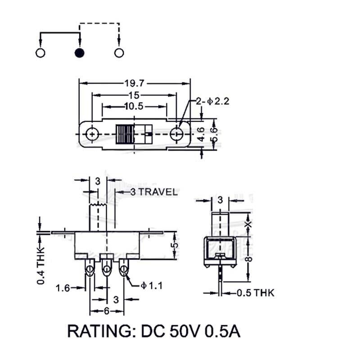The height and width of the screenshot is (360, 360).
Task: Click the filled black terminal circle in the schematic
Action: [x=79, y=53]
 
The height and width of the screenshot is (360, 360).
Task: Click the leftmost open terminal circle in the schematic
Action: [x=40, y=53]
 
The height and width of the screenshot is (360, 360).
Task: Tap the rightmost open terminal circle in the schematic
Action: [x=119, y=53]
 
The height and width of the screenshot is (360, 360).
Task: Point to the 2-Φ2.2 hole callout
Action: [x=212, y=101]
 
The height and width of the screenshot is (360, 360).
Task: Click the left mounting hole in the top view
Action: [x=92, y=134]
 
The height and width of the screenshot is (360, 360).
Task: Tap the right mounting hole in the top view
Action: [x=177, y=134]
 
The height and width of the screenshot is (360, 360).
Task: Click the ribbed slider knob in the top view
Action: [x=125, y=134]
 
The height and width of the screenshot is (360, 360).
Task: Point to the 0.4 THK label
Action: [x=41, y=265]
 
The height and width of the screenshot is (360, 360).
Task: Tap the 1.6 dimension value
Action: [x=63, y=288]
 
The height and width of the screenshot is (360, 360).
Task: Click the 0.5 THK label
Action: [x=255, y=293]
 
